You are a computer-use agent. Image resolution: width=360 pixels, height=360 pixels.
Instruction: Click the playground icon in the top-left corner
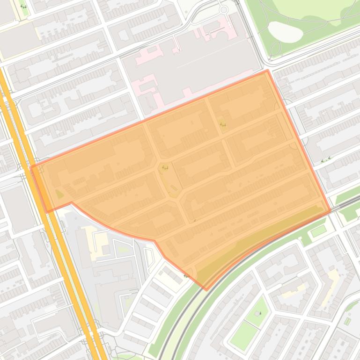[x=23, y=7]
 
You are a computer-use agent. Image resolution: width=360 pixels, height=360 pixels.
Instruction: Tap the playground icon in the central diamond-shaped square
[x=164, y=168]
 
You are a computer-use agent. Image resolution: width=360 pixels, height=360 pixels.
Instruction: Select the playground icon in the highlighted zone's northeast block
[x=222, y=124]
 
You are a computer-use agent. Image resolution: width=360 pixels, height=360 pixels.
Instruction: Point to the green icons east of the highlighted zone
[x=325, y=160]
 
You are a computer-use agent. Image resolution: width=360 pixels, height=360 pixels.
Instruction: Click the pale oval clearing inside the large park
[x=286, y=32]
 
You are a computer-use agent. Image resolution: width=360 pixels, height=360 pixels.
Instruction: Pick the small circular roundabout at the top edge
[x=224, y=9]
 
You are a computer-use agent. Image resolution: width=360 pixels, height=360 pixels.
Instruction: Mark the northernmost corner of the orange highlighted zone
[x=267, y=71]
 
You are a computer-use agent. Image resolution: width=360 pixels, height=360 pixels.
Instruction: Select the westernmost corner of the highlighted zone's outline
[x=31, y=167]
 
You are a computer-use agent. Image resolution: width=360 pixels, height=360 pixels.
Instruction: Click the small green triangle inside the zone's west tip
[x=59, y=194]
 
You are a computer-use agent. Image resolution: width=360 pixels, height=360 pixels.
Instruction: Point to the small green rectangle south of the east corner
[x=318, y=230]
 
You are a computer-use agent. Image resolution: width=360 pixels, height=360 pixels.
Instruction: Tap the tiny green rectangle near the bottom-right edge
[x=347, y=321]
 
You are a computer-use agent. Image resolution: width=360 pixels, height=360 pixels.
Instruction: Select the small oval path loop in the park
[x=276, y=47]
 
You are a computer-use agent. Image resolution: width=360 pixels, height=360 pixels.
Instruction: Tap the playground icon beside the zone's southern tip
[x=187, y=275]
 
